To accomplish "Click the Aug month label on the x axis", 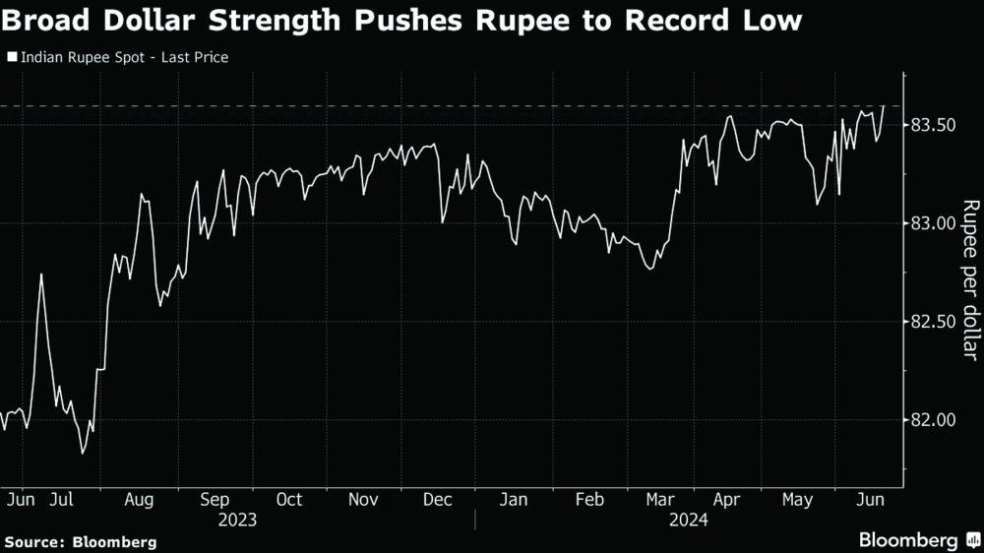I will pos(139,500).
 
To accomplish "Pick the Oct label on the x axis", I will pos(289,500).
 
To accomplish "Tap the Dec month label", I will pos(438,500).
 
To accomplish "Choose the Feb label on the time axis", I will pos(588,500).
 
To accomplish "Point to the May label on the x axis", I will pos(797,500).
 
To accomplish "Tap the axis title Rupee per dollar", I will pos(970,280).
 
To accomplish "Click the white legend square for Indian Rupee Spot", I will pos(12,58).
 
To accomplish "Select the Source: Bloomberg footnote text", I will pos(80,541).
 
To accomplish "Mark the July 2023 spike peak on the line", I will pos(41,275).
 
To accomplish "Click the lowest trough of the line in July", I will pos(83,453).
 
